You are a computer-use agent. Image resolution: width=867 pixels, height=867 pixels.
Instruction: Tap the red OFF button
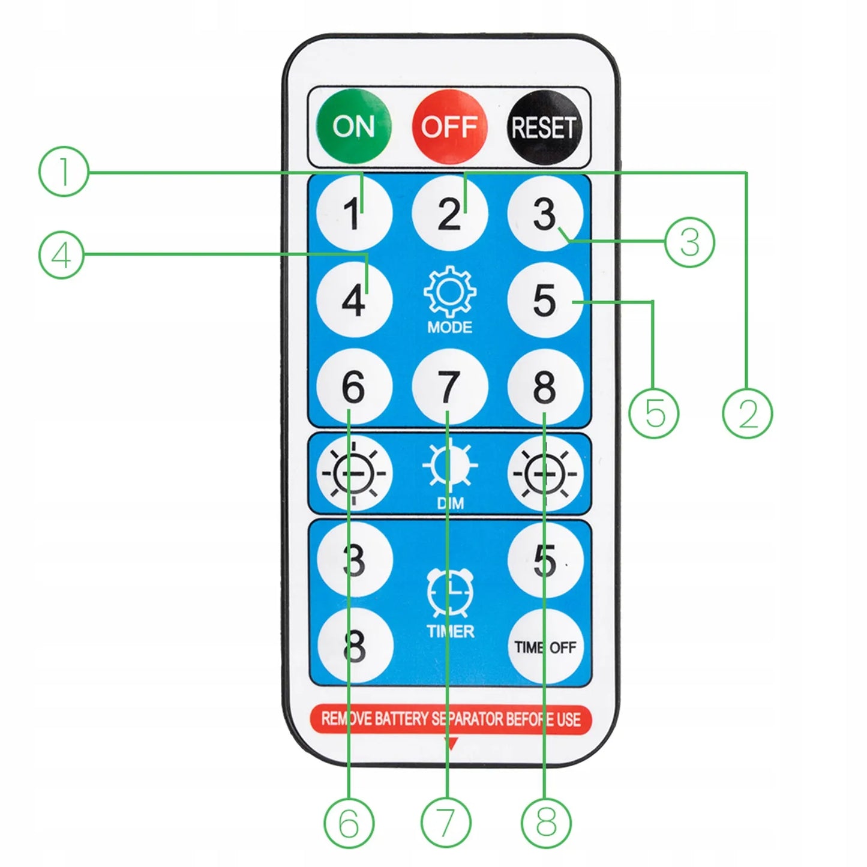449,127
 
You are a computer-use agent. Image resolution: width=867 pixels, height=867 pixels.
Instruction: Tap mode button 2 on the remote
449,212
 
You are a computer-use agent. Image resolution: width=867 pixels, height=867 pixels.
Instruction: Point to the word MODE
449,327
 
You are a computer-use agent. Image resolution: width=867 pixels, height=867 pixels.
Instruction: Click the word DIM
450,503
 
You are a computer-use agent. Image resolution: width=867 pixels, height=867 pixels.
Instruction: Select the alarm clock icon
449,593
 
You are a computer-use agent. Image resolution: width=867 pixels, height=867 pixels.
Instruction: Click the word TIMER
451,631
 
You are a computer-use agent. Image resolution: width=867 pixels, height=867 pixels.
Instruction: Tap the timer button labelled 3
355,560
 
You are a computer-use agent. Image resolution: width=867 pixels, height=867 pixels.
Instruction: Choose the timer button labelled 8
355,647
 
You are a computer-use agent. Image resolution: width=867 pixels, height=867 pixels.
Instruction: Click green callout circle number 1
64,171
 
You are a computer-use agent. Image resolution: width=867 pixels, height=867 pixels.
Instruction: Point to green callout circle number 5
654,413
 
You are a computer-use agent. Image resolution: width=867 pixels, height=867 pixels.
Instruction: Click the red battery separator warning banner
451,719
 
